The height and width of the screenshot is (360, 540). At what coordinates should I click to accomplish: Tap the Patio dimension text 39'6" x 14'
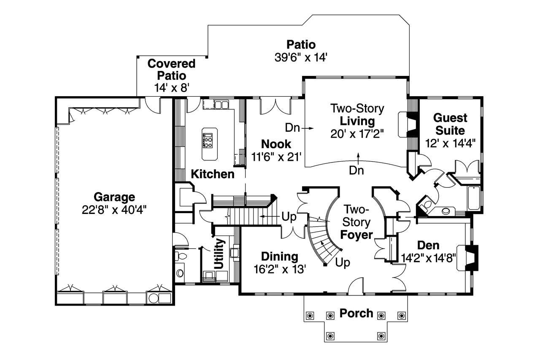point(300,57)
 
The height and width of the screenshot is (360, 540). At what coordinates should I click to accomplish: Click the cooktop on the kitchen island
point(208,140)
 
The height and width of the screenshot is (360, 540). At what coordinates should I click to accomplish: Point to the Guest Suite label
point(450,124)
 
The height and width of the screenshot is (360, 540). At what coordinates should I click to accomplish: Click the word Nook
point(276,143)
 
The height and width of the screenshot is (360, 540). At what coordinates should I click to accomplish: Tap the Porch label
point(356,313)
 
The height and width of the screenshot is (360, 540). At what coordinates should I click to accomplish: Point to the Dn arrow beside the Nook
point(299,127)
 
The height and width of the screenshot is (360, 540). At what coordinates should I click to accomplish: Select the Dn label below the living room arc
point(357,170)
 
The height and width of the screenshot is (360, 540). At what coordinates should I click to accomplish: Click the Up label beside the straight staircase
point(289,217)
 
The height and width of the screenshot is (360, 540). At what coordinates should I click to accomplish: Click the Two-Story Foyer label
point(356,222)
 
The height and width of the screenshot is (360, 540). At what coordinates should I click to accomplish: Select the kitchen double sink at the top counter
point(221,104)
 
